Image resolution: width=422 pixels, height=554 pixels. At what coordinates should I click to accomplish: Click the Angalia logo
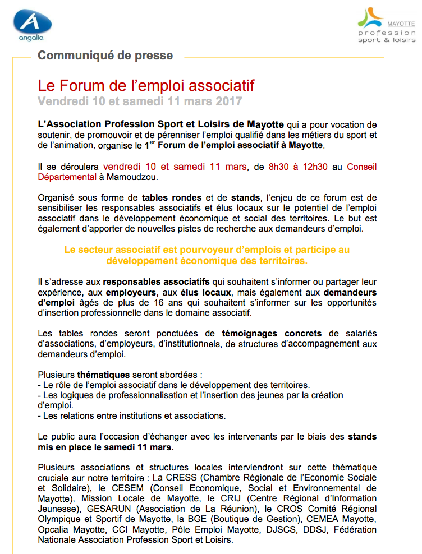coord(33,24)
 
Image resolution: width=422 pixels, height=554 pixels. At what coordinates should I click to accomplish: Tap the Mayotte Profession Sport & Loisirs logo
coord(387,25)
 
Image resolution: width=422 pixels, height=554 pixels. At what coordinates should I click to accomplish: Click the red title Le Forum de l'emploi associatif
coord(146,85)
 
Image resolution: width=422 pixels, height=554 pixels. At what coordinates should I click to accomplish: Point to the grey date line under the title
coord(140,101)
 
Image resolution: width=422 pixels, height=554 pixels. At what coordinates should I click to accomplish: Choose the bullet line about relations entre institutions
coord(131,415)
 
